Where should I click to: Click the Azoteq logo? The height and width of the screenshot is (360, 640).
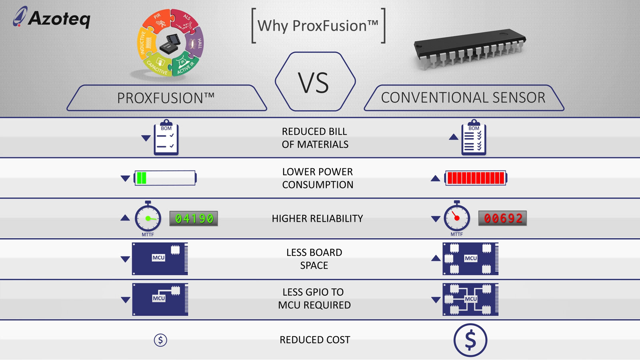(x=52, y=18)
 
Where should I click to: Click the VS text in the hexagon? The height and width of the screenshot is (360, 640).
(x=314, y=83)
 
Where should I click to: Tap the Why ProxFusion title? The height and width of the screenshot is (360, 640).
(x=318, y=26)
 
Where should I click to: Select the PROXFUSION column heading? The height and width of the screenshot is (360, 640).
(x=166, y=98)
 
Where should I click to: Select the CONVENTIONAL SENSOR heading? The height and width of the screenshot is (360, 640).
(x=463, y=98)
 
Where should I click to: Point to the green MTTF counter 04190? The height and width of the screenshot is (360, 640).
(x=194, y=218)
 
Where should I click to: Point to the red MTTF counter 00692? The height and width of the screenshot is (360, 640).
(x=502, y=218)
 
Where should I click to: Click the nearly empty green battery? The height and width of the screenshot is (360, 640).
(x=165, y=178)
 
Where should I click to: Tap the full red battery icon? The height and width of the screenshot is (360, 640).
(x=476, y=178)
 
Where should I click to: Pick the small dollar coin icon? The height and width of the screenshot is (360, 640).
(x=160, y=340)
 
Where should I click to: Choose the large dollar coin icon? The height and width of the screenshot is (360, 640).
(x=470, y=340)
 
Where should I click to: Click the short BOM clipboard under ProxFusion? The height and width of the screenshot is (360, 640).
(x=166, y=138)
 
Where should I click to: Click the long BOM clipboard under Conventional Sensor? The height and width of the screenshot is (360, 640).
(x=474, y=138)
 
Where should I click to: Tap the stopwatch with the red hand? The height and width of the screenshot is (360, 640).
(x=457, y=218)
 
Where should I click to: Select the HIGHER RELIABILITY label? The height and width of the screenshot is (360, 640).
(x=317, y=218)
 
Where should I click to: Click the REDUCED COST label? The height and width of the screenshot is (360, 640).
(x=315, y=340)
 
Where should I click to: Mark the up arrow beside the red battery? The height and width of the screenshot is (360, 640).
(x=435, y=178)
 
